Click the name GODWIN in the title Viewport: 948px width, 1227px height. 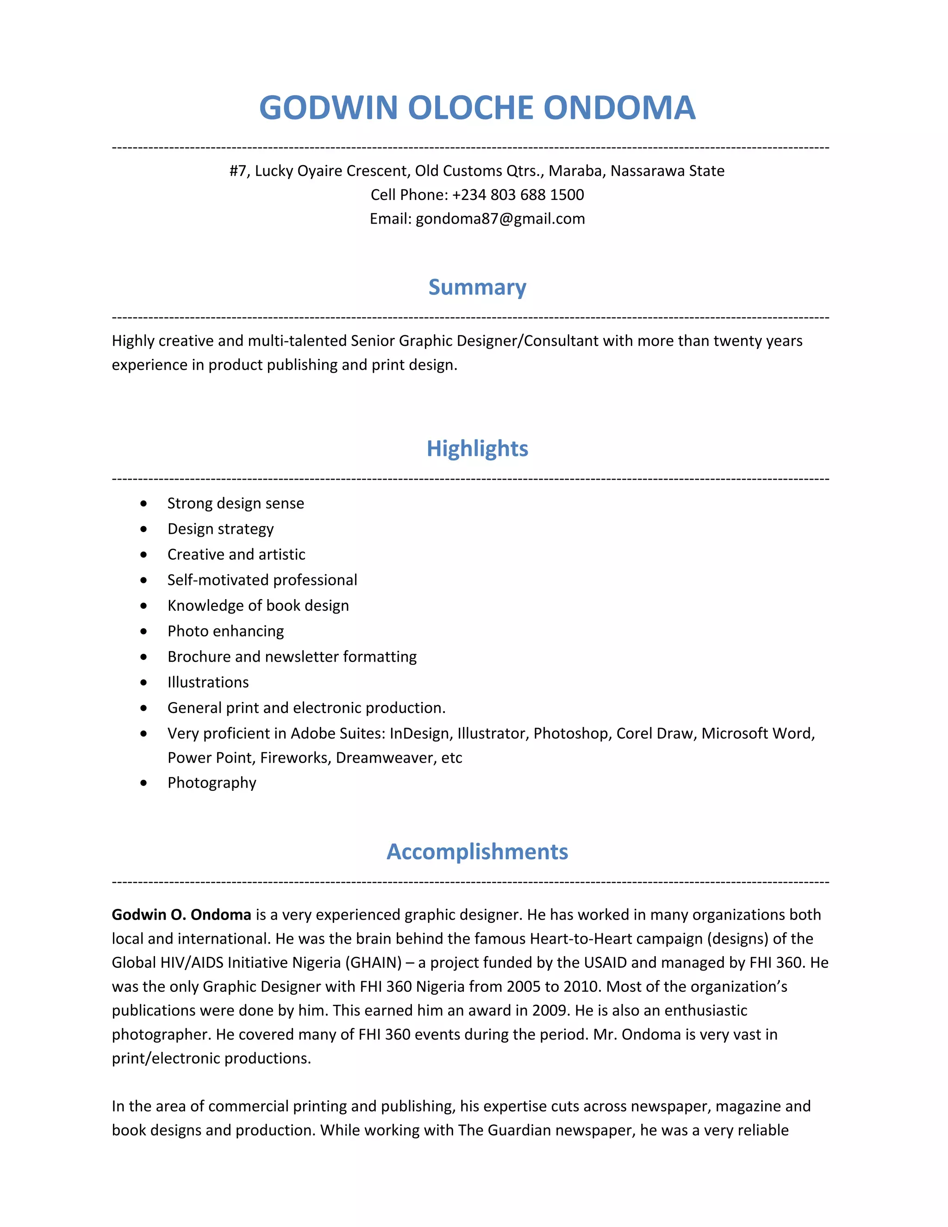point(328,108)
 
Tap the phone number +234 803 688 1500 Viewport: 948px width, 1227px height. point(518,195)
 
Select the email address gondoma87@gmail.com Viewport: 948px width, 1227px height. point(500,219)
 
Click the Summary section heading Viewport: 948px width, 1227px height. point(477,287)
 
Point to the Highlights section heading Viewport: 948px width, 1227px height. point(477,448)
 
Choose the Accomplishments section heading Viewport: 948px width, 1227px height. point(477,851)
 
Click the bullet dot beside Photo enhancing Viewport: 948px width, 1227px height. point(144,632)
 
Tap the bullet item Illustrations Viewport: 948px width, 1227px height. point(208,682)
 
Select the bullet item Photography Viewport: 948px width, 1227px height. point(212,783)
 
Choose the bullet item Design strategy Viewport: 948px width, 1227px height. point(220,529)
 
